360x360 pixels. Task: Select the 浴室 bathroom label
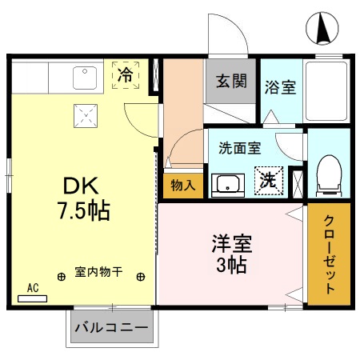coord(280,86)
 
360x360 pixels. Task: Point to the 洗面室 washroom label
coord(240,147)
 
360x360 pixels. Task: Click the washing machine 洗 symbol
coord(269,180)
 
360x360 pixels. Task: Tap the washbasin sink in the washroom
coord(229,184)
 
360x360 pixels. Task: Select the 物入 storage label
coord(182,186)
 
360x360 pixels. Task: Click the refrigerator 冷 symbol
coord(126,76)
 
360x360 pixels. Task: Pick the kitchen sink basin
coord(83,77)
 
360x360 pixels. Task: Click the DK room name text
coord(81,186)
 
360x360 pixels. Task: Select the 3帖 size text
coord(231,265)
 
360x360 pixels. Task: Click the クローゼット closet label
coord(329,254)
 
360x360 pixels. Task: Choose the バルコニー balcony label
coord(111,328)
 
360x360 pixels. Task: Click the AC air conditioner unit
coord(33,296)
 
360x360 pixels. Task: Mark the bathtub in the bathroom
coord(328,88)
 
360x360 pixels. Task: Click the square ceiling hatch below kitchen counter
coord(84,117)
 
